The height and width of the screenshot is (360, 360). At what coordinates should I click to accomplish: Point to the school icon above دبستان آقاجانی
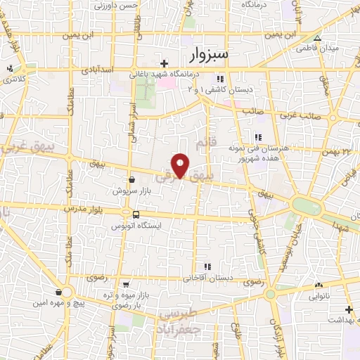pyautogui.click(x=207, y=266)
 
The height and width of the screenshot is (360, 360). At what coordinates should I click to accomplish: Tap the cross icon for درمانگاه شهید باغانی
pyautogui.click(x=164, y=64)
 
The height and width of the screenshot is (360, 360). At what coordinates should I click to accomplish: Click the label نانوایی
pyautogui.click(x=319, y=295)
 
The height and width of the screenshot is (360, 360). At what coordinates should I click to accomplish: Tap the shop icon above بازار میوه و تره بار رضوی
pyautogui.click(x=125, y=285)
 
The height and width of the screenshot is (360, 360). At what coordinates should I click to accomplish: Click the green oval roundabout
pyautogui.click(x=306, y=206)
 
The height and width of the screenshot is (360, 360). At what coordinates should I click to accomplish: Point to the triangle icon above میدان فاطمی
pyautogui.click(x=317, y=38)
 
